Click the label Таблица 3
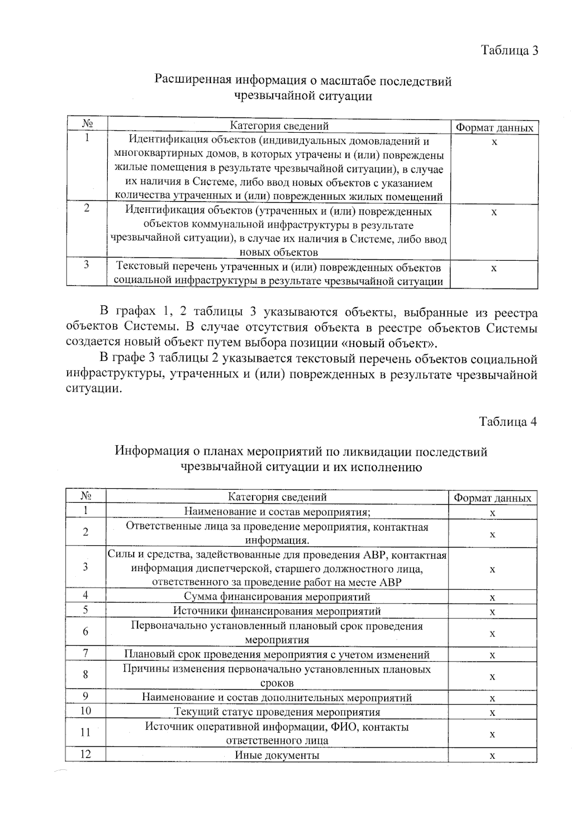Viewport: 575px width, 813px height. click(509, 50)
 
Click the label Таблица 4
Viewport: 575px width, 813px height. click(508, 421)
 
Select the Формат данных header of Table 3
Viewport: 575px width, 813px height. click(494, 128)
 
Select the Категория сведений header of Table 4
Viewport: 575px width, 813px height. click(277, 497)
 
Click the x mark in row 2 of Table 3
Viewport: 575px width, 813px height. click(494, 212)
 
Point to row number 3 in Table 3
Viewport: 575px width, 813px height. click(86, 264)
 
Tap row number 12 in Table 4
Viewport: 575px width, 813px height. click(85, 754)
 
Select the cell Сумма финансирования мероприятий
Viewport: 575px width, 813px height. click(277, 597)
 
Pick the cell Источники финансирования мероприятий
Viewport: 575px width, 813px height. click(277, 611)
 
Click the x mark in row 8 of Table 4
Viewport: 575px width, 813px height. click(492, 676)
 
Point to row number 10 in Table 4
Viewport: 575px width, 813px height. click(85, 710)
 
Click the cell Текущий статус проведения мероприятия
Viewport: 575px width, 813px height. click(277, 712)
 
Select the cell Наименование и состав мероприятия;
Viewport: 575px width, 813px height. click(277, 511)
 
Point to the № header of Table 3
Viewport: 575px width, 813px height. click(87, 123)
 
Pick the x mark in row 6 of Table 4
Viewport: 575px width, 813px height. click(492, 633)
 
